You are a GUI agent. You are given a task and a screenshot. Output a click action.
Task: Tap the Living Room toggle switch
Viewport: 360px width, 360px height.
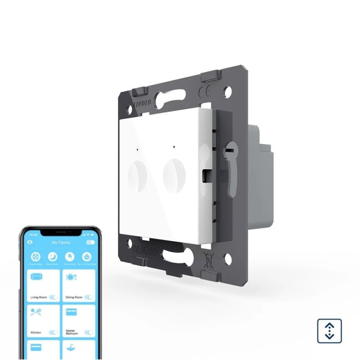[x=53, y=297]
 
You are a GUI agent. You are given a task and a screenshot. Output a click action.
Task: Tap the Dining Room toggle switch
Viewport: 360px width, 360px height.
[x=88, y=297]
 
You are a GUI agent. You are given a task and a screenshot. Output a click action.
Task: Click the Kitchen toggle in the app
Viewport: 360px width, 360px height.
[x=53, y=332]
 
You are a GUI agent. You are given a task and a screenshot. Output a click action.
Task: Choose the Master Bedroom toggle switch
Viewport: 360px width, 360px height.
[x=88, y=332]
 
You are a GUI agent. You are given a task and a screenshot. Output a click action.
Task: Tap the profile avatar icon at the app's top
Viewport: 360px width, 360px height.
[x=29, y=242]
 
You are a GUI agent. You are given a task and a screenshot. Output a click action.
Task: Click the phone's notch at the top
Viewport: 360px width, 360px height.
[x=59, y=232]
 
